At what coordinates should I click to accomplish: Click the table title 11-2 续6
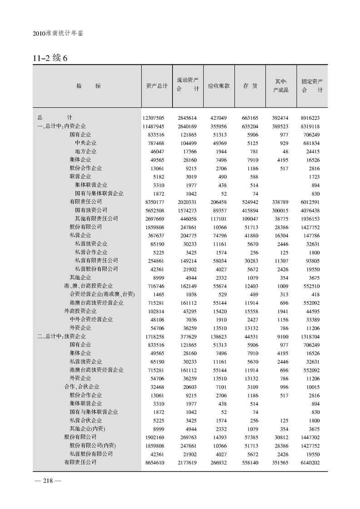coord(50,59)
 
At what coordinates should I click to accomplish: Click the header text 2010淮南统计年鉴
coord(59,34)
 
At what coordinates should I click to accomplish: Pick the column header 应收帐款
coord(219,85)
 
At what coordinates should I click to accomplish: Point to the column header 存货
coord(250,85)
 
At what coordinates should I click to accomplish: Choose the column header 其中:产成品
coord(281,85)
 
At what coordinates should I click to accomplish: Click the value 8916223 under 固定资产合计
coord(312,118)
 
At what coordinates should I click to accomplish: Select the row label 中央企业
coord(86,143)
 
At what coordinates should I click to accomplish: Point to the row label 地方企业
coord(86,151)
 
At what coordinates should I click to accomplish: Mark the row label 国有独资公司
coord(91,210)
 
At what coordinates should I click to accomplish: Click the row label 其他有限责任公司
coord(97,218)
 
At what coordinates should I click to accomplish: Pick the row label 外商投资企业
coord(80,311)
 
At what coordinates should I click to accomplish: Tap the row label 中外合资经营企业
coord(91,319)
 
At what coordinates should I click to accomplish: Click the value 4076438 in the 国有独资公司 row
coord(312,210)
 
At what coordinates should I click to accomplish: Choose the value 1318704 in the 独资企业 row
coord(312,336)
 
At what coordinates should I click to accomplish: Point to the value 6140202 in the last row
coord(312,462)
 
